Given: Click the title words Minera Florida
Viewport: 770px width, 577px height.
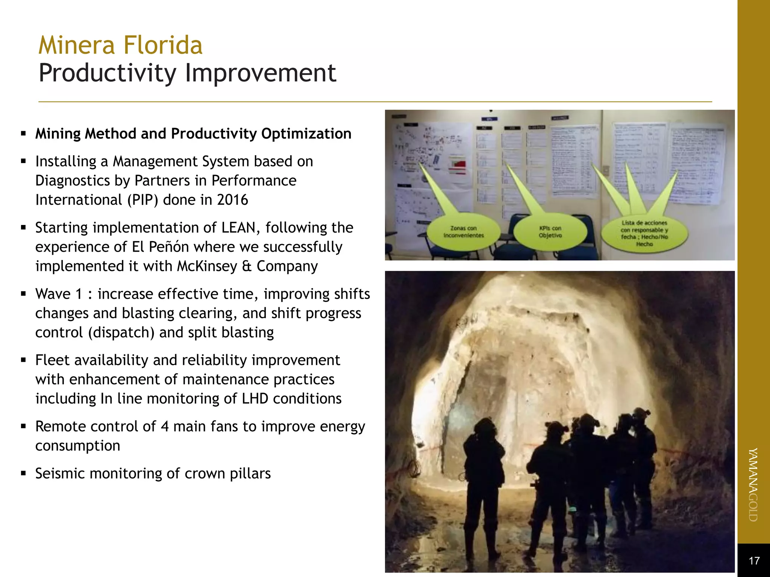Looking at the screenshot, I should coord(120,45).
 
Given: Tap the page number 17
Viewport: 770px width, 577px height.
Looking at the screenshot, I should coord(754,561).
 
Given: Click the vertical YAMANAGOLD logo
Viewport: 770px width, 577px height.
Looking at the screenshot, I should coord(753,485).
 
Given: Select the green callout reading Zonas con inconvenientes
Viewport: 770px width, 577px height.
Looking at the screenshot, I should coord(464,232).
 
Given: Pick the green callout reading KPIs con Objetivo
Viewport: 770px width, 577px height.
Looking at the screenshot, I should coord(550,232).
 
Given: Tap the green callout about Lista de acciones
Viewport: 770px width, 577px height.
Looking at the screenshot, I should coord(644,233).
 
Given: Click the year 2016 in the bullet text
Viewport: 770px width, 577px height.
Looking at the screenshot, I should coord(232,200).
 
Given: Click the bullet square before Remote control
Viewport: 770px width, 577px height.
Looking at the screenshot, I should coord(23,426).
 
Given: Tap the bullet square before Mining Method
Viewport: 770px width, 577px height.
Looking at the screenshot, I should coord(23,133).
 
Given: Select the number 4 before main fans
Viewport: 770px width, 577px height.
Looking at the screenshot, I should coord(165,427).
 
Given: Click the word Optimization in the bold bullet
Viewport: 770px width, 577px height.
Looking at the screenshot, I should coord(306,134).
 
